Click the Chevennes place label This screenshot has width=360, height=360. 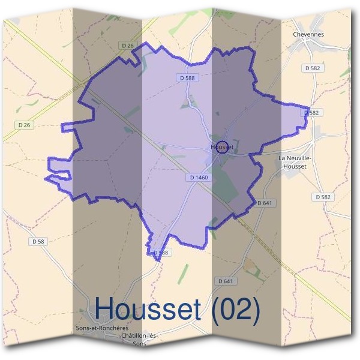[x=308, y=34]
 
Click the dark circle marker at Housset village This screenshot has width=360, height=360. [x=221, y=148]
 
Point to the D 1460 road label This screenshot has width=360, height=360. [x=198, y=177]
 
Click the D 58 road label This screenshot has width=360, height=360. [x=37, y=241]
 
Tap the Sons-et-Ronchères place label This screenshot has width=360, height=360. [x=103, y=328]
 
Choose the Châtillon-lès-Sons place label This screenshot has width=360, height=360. [x=139, y=339]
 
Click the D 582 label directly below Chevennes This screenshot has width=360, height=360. [x=313, y=68]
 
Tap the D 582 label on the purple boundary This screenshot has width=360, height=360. [x=311, y=112]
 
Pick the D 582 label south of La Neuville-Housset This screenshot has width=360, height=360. [x=322, y=197]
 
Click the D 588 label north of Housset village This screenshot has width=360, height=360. [x=187, y=77]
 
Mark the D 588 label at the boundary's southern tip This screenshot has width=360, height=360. [x=160, y=253]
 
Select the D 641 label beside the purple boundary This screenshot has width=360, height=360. [x=264, y=203]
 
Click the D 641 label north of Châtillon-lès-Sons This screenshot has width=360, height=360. [x=225, y=281]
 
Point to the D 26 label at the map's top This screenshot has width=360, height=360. [x=127, y=45]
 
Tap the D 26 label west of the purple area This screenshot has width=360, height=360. [x=24, y=125]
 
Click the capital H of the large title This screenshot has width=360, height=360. [x=105, y=310]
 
